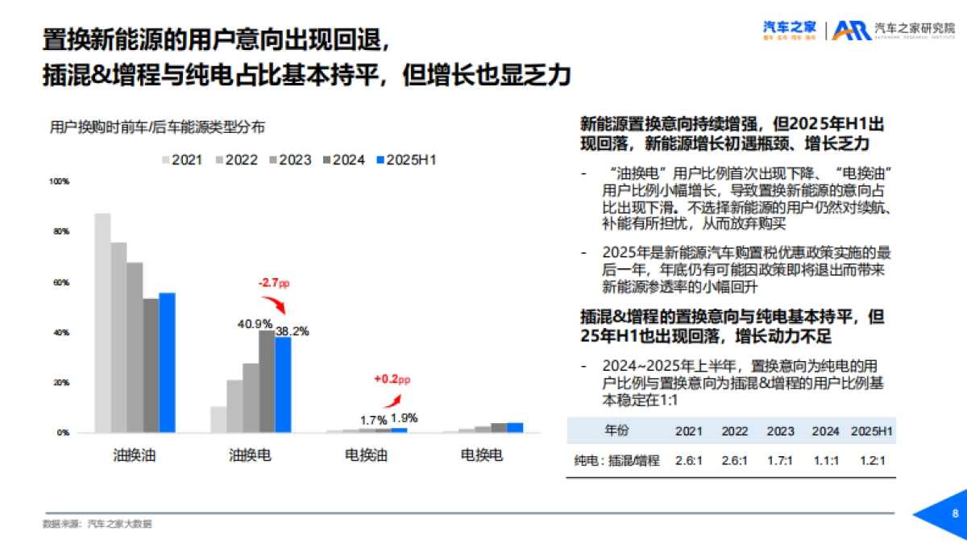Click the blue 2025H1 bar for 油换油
(x=167, y=363)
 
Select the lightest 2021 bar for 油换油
(x=102, y=322)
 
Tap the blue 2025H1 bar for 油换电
(x=283, y=384)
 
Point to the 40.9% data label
(x=255, y=324)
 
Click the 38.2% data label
(x=292, y=330)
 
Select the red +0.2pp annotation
(x=392, y=379)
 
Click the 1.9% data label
(x=405, y=418)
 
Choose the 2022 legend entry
(x=235, y=160)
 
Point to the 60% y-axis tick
(x=61, y=283)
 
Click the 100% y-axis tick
(x=60, y=182)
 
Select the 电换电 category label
(x=482, y=455)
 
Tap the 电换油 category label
(x=367, y=455)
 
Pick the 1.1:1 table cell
(x=826, y=461)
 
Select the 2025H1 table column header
(x=873, y=431)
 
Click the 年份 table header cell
(x=617, y=431)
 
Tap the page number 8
(x=955, y=514)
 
